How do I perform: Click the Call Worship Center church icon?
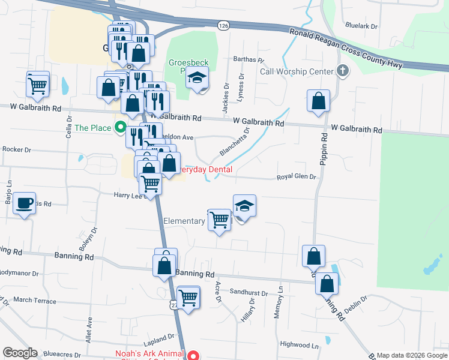343,71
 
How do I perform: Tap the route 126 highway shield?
223,26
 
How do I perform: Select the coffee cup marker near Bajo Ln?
24,203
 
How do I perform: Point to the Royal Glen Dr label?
296,177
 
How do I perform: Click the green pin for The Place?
120,127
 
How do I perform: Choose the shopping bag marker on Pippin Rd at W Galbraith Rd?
319,100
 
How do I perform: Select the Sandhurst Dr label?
249,293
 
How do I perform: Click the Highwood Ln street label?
300,345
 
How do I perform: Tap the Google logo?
20,353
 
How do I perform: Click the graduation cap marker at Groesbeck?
196,79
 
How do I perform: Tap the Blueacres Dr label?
61,355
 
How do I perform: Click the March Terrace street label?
34,300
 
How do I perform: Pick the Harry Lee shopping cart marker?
151,183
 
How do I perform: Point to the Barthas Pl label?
249,59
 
